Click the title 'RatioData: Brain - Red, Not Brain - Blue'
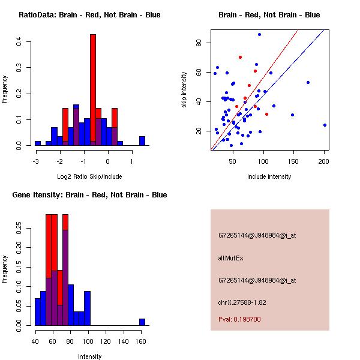(89, 15)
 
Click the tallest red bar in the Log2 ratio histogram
(93, 90)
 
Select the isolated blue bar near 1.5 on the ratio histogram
(142, 141)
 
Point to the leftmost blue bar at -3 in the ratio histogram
(38, 143)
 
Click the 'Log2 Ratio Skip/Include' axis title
(89, 176)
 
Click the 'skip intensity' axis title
(185, 89)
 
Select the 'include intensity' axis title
(269, 176)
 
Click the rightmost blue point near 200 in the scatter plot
(325, 125)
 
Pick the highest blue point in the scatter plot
(259, 34)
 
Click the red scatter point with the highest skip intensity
(240, 57)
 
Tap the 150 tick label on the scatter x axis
(293, 161)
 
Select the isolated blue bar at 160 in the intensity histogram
(142, 322)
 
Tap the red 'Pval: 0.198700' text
(239, 319)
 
